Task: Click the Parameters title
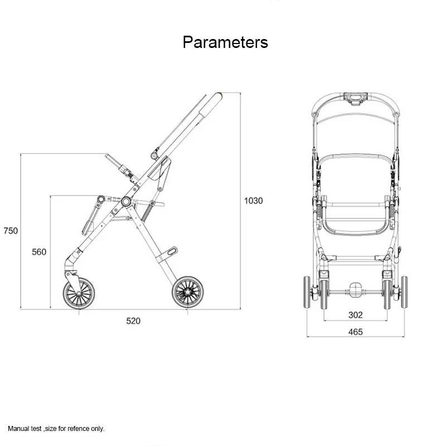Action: [225, 42]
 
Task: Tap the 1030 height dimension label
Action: [254, 201]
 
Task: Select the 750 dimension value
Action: [11, 231]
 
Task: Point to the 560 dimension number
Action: [39, 252]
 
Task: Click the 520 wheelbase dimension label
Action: [133, 321]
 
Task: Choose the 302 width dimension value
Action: [356, 315]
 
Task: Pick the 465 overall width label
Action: [356, 332]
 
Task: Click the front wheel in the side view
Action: [79, 293]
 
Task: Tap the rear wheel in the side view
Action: [188, 292]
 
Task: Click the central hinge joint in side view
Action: [126, 202]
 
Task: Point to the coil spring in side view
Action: [147, 213]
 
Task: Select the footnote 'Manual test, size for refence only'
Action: [56, 429]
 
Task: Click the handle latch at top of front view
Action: [356, 99]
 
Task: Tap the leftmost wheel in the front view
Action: [307, 292]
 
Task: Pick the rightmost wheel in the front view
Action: [404, 292]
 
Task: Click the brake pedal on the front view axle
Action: [356, 290]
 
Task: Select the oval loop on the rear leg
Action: [172, 251]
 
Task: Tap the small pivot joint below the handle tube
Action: [154, 156]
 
